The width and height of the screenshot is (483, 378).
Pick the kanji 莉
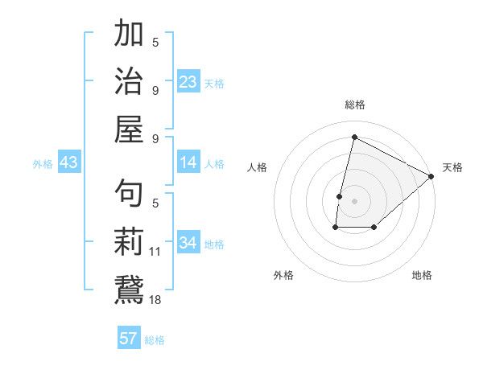tap(129, 241)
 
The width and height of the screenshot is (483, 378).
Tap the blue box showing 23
tap(188, 81)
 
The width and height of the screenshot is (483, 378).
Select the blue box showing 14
tap(188, 162)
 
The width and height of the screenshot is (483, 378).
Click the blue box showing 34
tap(188, 243)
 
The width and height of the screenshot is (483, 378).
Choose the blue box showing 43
tap(68, 162)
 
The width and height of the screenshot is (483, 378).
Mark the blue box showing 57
tap(129, 339)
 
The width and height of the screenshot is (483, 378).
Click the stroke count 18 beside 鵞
tap(155, 299)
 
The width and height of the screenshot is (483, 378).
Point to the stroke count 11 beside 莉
tap(155, 252)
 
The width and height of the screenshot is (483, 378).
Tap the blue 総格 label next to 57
tap(155, 340)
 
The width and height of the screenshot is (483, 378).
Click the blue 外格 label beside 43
tap(43, 163)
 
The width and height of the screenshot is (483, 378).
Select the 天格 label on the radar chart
tap(452, 168)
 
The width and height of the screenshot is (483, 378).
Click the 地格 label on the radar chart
tap(422, 275)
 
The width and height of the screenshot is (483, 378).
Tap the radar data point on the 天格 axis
tap(431, 176)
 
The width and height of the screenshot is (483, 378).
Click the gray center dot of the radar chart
tap(354, 200)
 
